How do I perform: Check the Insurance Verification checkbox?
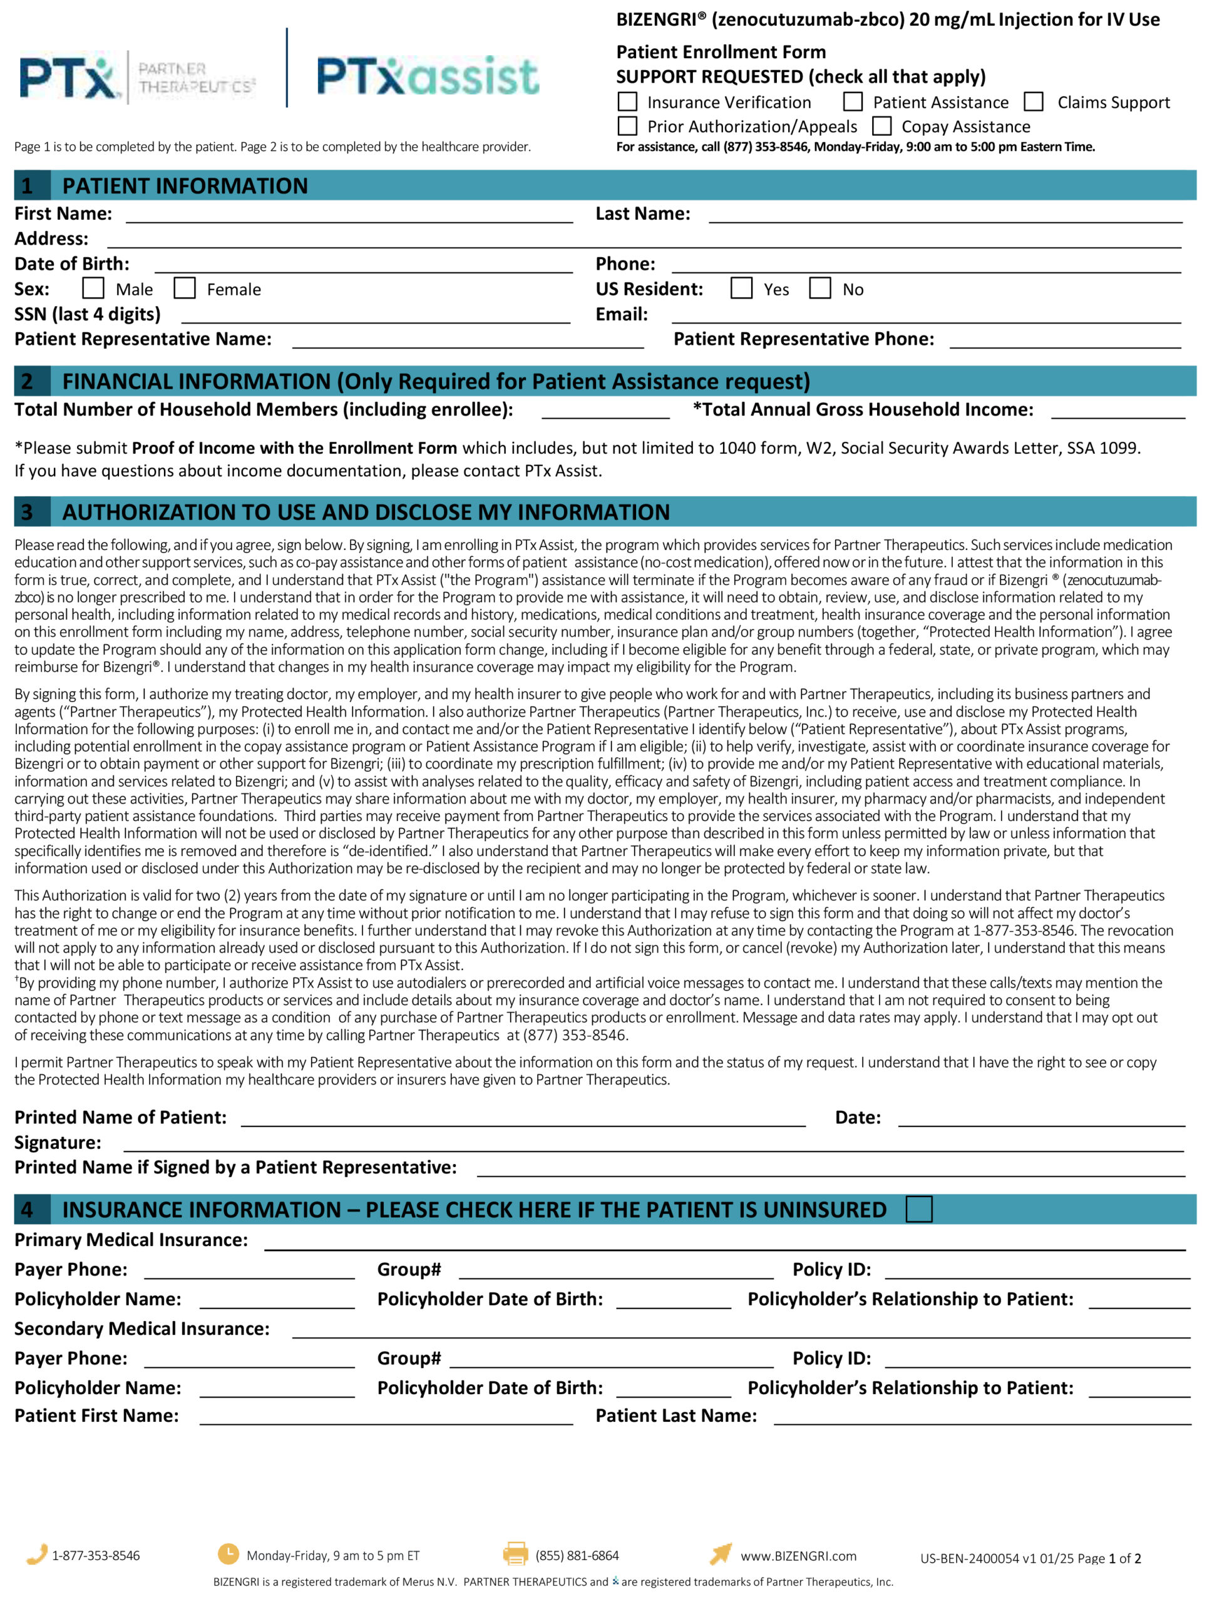tap(627, 101)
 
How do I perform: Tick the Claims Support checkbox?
tap(1034, 101)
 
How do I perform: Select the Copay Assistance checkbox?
tap(881, 126)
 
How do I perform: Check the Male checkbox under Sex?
tap(93, 288)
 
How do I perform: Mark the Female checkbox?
tap(185, 288)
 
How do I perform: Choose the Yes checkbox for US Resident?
tap(741, 288)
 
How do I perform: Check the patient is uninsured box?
tap(918, 1209)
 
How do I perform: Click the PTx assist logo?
tap(428, 76)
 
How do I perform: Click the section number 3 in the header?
tap(28, 512)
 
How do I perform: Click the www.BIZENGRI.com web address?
tap(798, 1556)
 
